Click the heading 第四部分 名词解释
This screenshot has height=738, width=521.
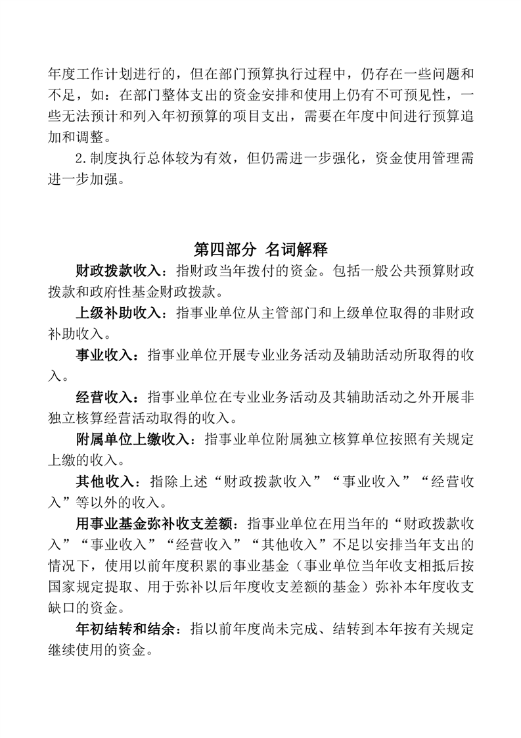pyautogui.click(x=261, y=249)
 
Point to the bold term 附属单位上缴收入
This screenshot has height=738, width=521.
pyautogui.click(x=131, y=439)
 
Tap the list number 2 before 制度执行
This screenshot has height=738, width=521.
pyautogui.click(x=80, y=159)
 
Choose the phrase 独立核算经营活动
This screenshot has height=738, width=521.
pyautogui.click(x=125, y=418)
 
